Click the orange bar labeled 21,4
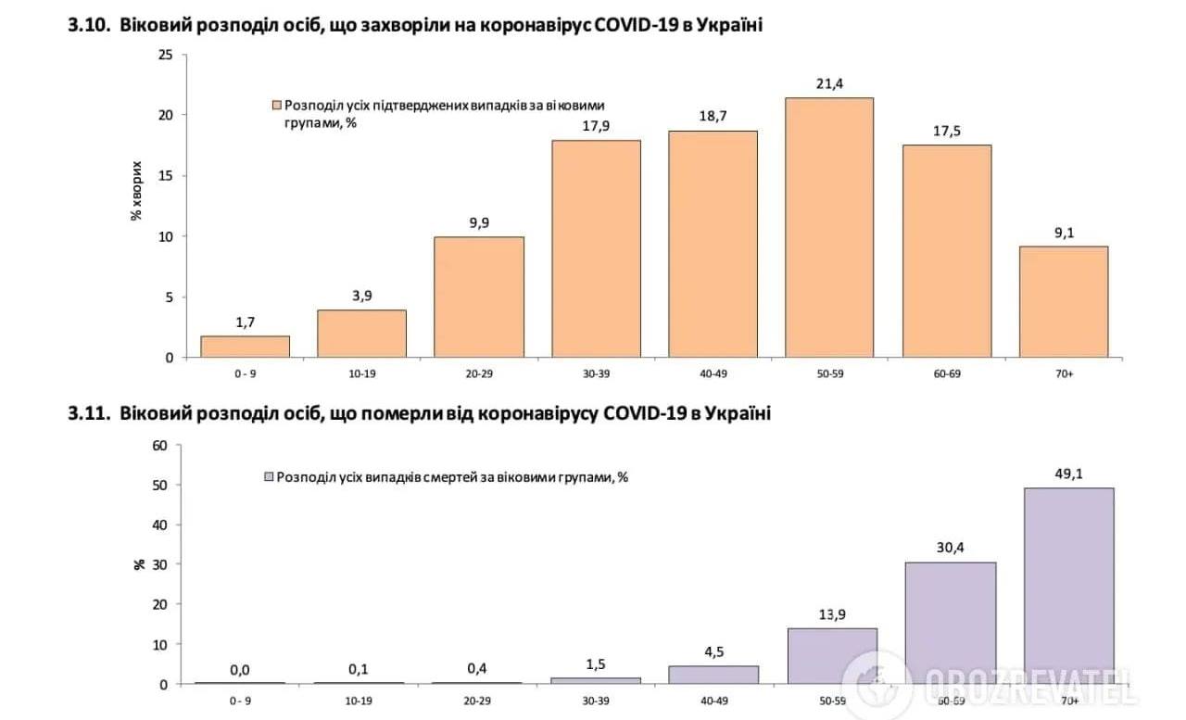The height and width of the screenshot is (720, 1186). pos(828,228)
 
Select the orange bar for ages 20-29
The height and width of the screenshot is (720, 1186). pos(478,297)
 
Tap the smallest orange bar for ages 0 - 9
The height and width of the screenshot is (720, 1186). pos(245,347)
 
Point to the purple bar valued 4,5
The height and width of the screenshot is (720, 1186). pos(713,675)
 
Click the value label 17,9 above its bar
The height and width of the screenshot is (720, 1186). pos(595,127)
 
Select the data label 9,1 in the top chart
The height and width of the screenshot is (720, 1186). pos(1063,233)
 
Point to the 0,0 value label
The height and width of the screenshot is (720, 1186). pos(239,670)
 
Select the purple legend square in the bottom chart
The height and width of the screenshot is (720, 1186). pos(269,476)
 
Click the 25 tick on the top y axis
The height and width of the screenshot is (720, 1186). pos(166,55)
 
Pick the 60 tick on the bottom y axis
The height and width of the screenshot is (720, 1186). pos(159,445)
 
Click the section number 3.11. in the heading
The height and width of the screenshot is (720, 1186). pos(88,413)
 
